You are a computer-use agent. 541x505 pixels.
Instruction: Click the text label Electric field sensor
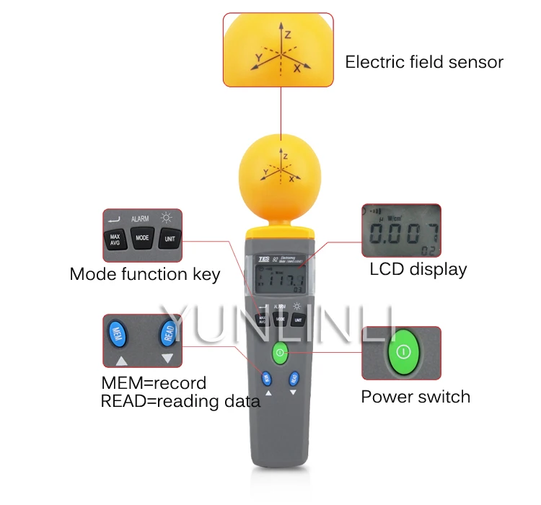423,62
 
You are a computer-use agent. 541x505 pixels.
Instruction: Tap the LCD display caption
418,270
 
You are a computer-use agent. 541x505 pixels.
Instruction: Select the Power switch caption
415,396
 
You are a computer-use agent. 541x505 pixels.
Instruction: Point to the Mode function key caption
144,274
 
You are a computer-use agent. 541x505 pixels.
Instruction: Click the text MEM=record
153,382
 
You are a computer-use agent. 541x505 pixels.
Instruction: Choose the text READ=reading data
180,401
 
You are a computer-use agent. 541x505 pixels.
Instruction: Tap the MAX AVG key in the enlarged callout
115,239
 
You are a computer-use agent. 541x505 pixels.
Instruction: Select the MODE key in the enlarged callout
142,237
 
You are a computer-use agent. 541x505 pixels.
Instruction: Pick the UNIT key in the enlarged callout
170,239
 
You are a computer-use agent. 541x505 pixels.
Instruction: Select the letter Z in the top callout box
286,33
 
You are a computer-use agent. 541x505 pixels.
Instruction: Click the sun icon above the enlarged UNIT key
167,217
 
